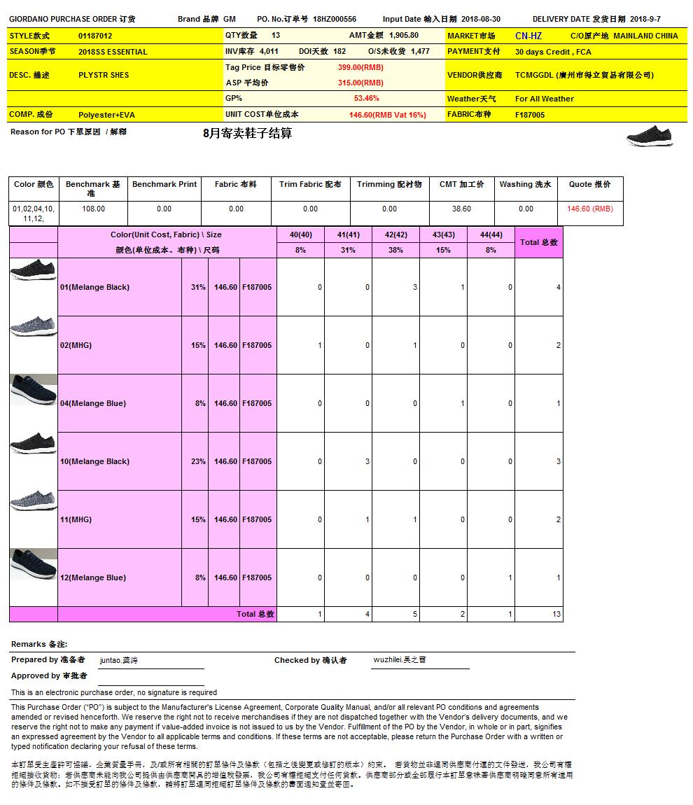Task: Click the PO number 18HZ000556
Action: click(335, 19)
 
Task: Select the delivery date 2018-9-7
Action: click(645, 19)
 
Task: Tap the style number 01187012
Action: click(95, 36)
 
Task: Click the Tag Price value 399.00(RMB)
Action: click(360, 67)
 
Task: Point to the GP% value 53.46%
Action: click(366, 99)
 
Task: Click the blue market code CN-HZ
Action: click(528, 36)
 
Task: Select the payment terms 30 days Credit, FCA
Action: click(553, 52)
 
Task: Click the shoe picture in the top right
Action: click(650, 136)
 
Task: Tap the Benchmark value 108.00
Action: click(93, 209)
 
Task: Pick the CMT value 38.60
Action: click(461, 209)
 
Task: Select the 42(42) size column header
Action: click(395, 234)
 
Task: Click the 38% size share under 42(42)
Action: click(395, 250)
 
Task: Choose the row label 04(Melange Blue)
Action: click(93, 403)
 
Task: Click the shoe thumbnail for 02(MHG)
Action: click(34, 327)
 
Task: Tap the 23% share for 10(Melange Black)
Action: click(198, 461)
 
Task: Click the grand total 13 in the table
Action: click(556, 614)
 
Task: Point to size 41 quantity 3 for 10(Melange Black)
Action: click(367, 461)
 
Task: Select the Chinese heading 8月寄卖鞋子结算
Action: click(247, 133)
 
